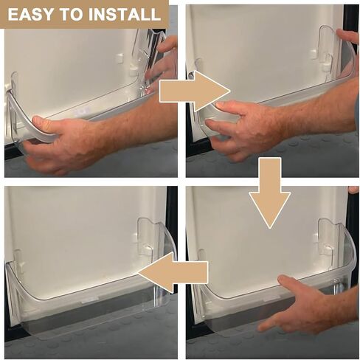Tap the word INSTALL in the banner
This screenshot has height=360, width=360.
tap(125, 15)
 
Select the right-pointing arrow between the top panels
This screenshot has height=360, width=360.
tap(194, 91)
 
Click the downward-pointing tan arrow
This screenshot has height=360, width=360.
tap(270, 193)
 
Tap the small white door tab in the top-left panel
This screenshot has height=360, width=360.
tap(120, 58)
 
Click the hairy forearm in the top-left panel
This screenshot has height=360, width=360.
tap(138, 120)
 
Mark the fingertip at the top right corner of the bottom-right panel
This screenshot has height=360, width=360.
tap(353, 190)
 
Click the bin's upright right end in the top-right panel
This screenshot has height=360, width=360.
tap(338, 54)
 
